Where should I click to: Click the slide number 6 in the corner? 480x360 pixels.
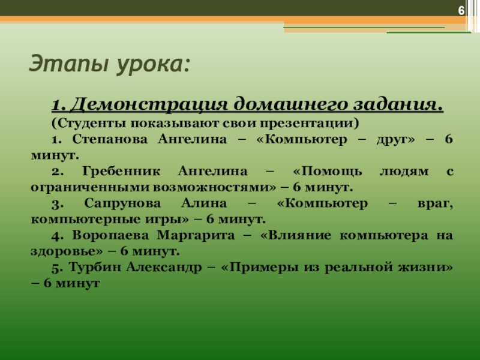[x=461, y=11]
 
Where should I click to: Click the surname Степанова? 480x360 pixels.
[x=110, y=140]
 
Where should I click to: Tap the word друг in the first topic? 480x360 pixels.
[x=395, y=140]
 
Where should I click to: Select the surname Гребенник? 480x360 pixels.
[x=121, y=171]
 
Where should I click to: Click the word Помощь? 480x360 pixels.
[x=328, y=172]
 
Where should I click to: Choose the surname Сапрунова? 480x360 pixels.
[x=122, y=203]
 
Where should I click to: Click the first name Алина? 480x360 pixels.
[x=204, y=203]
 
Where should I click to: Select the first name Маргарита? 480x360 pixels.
[x=196, y=236]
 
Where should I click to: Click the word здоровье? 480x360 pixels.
[x=67, y=251]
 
